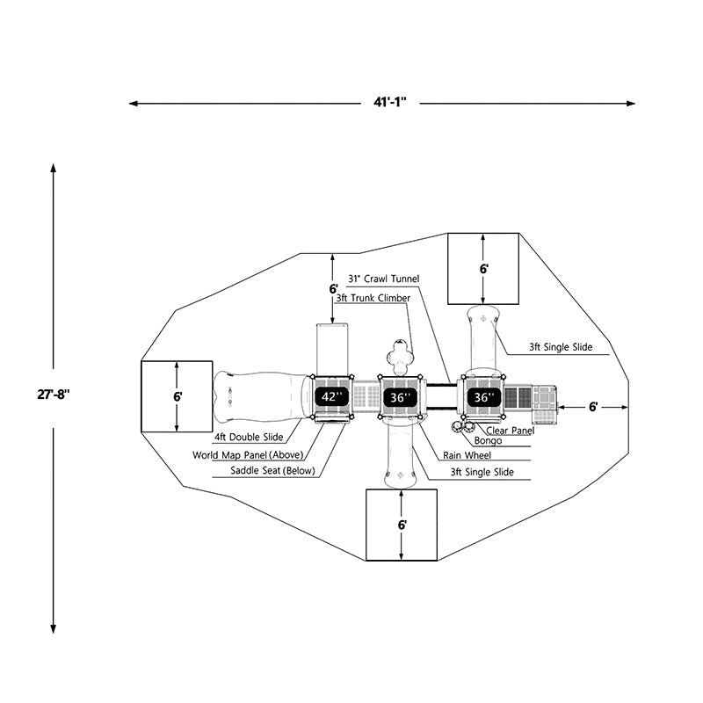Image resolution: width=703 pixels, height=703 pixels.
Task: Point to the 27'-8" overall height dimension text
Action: click(x=54, y=395)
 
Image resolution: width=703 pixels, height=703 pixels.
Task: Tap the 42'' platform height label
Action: click(x=332, y=397)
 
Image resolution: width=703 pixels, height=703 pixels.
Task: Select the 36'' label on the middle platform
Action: click(x=401, y=397)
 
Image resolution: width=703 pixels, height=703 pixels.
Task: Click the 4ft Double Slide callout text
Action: click(x=249, y=438)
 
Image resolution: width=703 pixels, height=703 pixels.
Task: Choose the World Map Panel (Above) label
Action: click(x=247, y=455)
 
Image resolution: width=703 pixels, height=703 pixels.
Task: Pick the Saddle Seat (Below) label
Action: click(x=273, y=471)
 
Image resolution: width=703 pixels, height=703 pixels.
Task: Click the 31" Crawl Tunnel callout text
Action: click(x=384, y=279)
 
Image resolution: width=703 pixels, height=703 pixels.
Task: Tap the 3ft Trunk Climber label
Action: click(x=373, y=299)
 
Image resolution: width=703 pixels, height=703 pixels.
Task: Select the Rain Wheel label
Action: click(x=467, y=455)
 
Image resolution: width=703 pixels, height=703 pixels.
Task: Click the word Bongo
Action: click(x=488, y=440)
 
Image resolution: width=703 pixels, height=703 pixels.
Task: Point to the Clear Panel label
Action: click(x=509, y=431)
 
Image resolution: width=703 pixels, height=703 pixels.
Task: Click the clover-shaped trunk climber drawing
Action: click(x=401, y=357)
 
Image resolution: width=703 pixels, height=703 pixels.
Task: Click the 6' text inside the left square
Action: click(x=178, y=396)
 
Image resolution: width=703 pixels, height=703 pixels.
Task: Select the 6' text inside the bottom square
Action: click(x=402, y=525)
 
